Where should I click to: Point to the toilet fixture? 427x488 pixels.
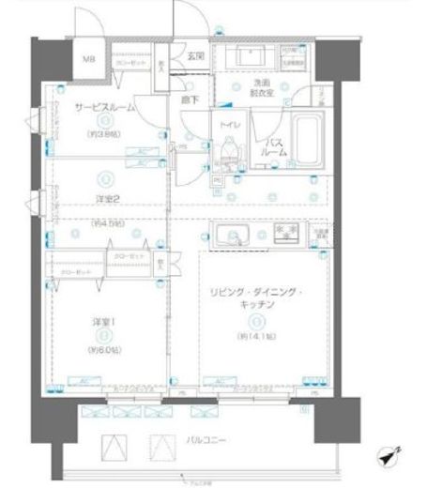pyautogui.click(x=227, y=153)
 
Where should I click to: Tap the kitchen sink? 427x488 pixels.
pyautogui.click(x=231, y=235)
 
